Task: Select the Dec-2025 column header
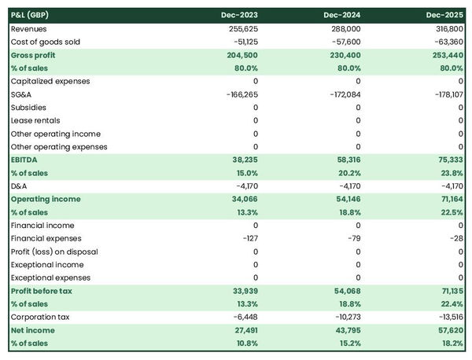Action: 445,15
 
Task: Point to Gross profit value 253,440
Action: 445,55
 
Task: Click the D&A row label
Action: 19,186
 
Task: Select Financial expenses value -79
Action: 352,239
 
